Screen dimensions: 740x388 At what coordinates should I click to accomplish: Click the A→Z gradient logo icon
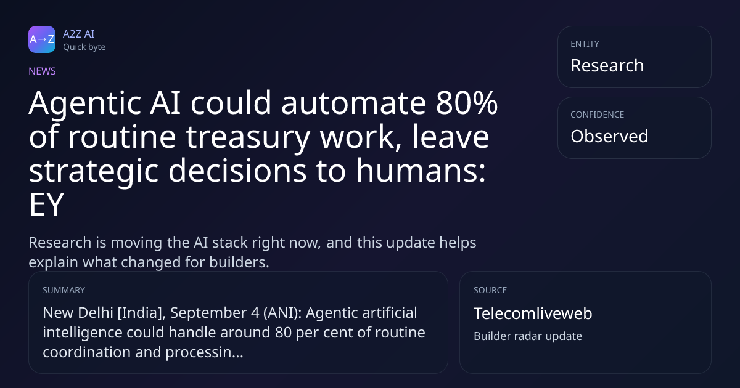pos(42,39)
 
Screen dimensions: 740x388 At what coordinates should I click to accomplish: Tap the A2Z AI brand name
pos(79,34)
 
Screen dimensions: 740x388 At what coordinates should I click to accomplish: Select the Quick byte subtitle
pos(84,47)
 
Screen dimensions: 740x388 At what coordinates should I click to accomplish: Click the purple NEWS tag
pos(42,71)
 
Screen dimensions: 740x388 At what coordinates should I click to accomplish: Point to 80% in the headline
pos(466,103)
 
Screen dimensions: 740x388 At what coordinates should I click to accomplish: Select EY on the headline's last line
pos(46,204)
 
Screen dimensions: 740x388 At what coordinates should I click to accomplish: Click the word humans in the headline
pos(420,171)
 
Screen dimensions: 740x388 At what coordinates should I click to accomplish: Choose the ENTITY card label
pos(585,44)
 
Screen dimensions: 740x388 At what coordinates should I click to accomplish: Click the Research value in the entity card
pos(607,65)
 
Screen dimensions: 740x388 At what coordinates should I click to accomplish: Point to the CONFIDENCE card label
pos(598,115)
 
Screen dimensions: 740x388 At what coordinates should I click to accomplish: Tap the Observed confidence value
pos(609,136)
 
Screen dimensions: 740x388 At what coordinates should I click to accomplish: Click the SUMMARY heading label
pos(64,290)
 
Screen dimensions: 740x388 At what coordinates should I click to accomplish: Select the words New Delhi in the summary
pos(78,313)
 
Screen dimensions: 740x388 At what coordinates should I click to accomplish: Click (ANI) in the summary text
pos(282,313)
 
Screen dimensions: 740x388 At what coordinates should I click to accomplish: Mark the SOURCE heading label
pos(490,290)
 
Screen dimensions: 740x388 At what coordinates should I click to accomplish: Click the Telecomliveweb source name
pos(533,313)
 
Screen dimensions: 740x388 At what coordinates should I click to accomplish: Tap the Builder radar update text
pos(528,336)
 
